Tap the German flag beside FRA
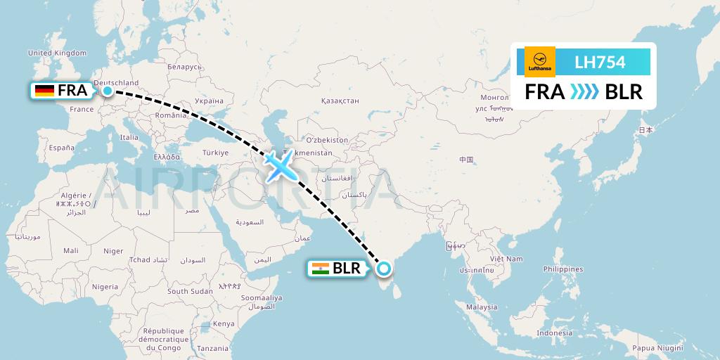click(45, 91)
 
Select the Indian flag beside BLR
click(321, 268)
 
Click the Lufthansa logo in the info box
click(540, 62)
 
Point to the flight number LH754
click(600, 63)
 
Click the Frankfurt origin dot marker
click(107, 91)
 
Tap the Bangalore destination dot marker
click(384, 268)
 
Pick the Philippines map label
click(563, 269)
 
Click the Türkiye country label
click(215, 153)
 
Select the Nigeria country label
click(105, 287)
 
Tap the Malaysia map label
click(482, 307)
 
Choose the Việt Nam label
click(508, 259)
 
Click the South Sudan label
click(190, 291)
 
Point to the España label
click(61, 148)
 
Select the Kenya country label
click(224, 323)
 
